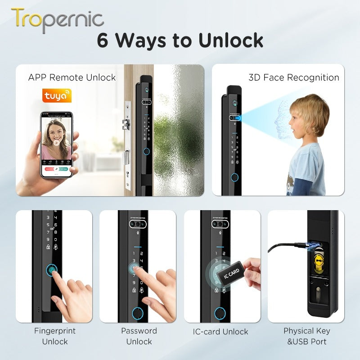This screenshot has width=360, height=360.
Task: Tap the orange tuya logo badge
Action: (x=57, y=96)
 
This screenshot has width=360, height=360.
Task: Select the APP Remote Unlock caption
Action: (x=72, y=77)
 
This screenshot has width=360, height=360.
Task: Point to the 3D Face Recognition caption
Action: (x=294, y=77)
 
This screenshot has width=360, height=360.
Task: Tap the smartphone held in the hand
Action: (x=58, y=144)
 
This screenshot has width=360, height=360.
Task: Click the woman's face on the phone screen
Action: (x=57, y=133)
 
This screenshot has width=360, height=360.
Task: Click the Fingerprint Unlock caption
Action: (x=55, y=336)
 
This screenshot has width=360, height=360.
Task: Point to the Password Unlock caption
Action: (x=139, y=336)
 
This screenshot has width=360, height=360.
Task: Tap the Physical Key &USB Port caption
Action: (x=306, y=336)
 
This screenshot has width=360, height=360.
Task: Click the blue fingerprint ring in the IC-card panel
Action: (x=220, y=313)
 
